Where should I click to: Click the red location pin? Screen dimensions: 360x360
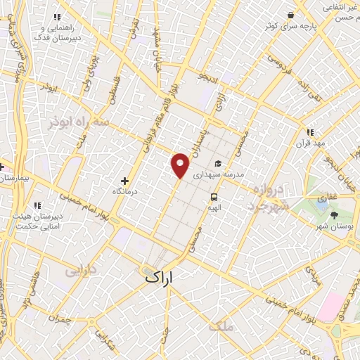click(x=181, y=164)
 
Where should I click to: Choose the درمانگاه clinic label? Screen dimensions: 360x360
click(x=127, y=191)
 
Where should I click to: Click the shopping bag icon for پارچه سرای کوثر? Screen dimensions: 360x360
click(x=290, y=15)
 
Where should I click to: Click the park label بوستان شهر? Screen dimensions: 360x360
click(x=333, y=226)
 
